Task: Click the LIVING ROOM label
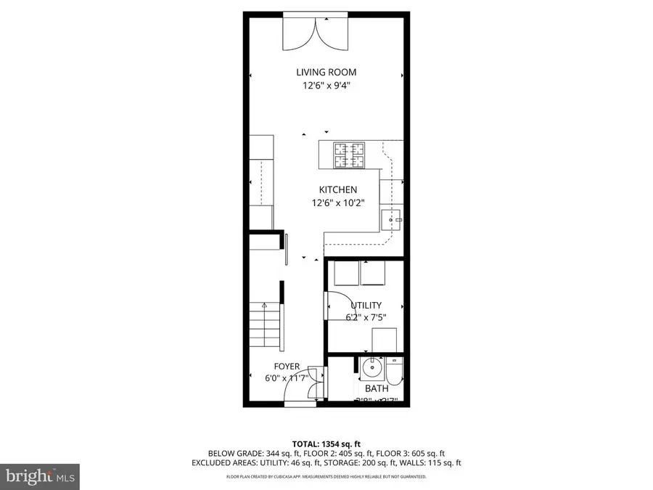(x=326, y=72)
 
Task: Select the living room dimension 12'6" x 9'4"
(x=326, y=86)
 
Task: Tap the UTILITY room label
(x=366, y=306)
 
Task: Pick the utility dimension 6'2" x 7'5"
(x=366, y=317)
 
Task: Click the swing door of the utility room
(x=335, y=305)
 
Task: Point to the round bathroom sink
(x=371, y=369)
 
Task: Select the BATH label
(x=377, y=389)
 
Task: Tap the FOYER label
(x=287, y=366)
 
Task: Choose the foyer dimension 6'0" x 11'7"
(x=287, y=377)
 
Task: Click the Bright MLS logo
(x=41, y=476)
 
